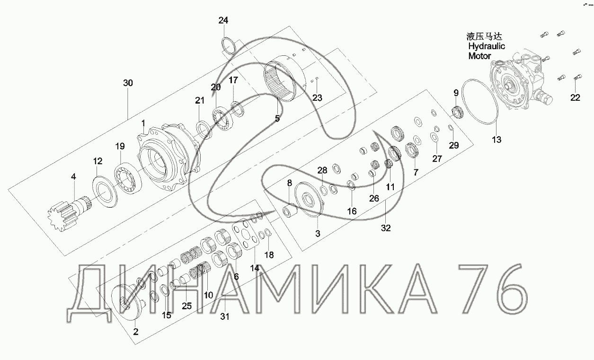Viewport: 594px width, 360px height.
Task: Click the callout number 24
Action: (x=223, y=20)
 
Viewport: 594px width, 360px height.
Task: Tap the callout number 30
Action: (x=128, y=83)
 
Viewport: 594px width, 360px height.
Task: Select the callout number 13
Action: (x=496, y=140)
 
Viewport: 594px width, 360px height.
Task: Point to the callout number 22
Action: (x=575, y=97)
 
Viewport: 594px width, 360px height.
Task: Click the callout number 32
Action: (x=386, y=228)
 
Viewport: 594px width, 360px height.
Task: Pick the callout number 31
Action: (x=225, y=316)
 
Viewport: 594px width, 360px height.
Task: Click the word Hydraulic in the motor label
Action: (x=487, y=46)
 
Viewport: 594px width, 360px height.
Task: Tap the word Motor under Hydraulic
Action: (x=479, y=56)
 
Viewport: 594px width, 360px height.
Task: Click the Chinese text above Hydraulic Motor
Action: (x=484, y=36)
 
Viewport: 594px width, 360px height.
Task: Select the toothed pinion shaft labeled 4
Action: (x=70, y=215)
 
